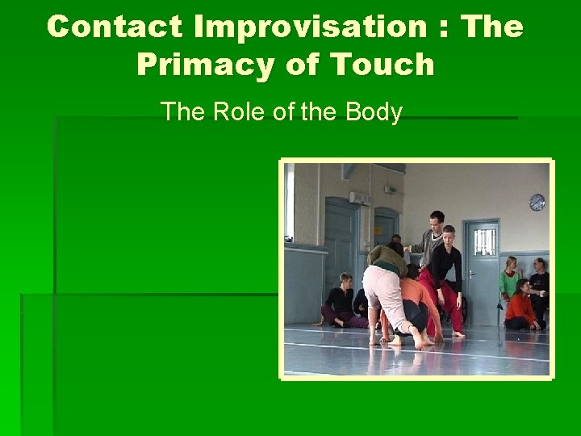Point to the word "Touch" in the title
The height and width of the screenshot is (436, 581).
coord(384,65)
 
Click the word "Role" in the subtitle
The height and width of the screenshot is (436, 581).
coord(241,111)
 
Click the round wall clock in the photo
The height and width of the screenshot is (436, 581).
coord(537,202)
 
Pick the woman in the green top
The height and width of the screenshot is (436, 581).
coord(509,283)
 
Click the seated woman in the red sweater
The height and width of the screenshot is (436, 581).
coord(521,308)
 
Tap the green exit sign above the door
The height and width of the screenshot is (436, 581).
coord(391,190)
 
